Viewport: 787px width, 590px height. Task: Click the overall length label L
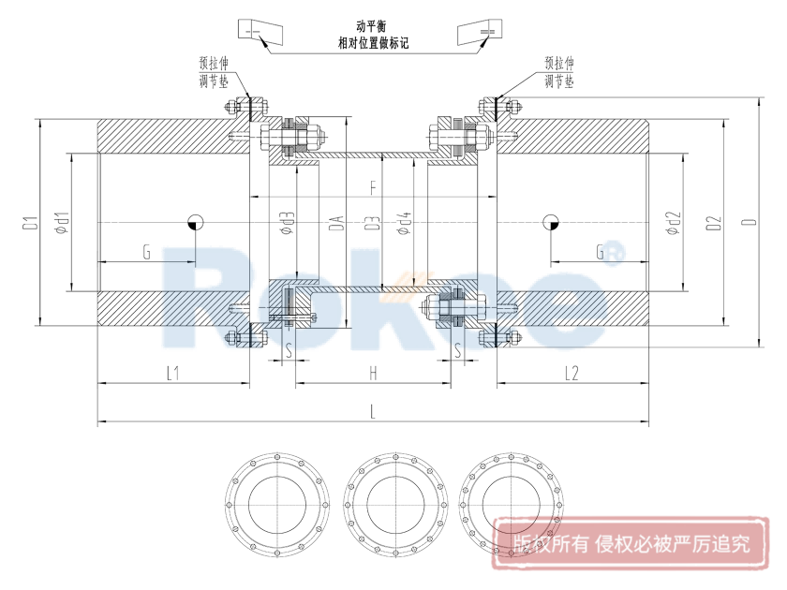tap(373, 411)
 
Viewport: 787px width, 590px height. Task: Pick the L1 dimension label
tap(173, 374)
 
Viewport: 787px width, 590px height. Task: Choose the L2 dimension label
tap(572, 374)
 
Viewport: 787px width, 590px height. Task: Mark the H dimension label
tap(373, 374)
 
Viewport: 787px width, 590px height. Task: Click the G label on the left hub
tap(146, 251)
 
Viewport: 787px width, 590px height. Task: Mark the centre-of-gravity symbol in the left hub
tap(195, 222)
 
